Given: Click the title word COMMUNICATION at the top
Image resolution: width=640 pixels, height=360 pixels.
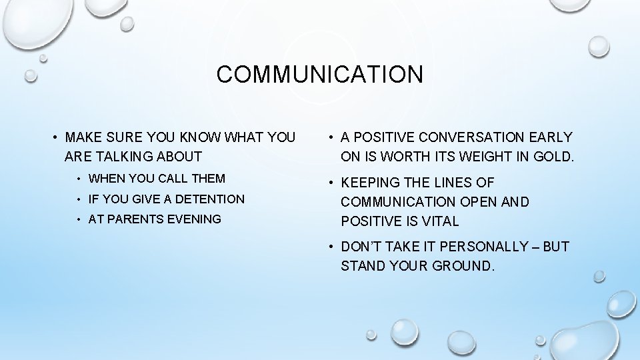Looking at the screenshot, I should point(319,74).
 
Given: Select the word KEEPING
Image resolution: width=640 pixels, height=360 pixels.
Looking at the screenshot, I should point(371,182).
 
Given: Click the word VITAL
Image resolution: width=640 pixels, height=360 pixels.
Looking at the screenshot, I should point(439,221).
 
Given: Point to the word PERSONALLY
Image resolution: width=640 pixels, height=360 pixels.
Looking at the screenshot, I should point(491,246).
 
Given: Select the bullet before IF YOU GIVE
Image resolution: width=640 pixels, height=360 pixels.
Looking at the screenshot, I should point(79,199).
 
